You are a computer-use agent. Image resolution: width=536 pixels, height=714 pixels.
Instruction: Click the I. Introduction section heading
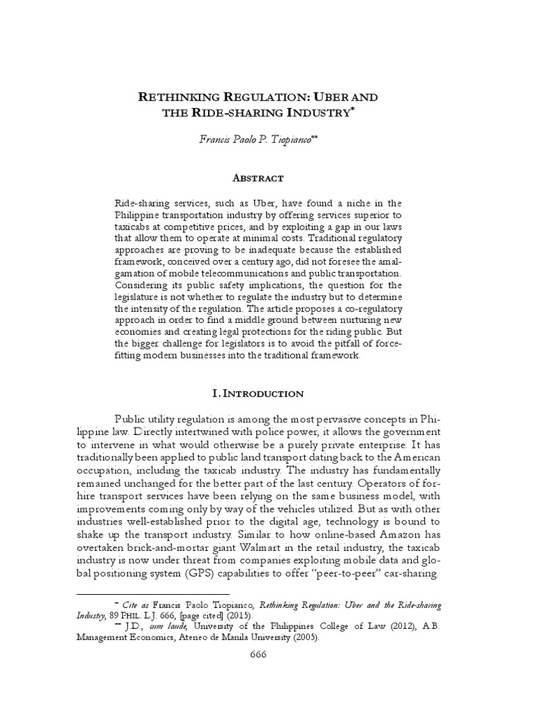[258, 393]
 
